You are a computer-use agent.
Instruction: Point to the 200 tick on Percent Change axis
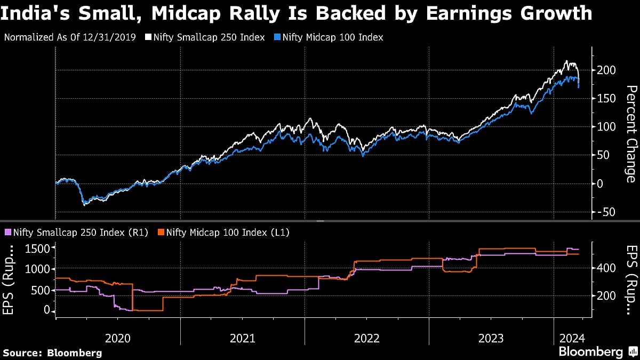tap(607, 70)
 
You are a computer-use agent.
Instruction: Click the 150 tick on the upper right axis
tap(607, 98)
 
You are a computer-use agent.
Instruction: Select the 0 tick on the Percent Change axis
tap(601, 183)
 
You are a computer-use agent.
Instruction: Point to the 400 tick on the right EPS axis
tap(607, 268)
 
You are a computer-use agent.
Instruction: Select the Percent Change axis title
tap(630, 133)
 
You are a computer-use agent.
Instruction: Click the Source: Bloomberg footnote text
tap(52, 353)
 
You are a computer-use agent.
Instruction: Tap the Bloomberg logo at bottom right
tap(590, 352)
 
